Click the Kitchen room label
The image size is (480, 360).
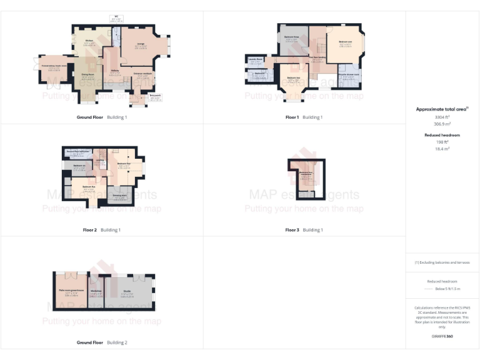(89, 41)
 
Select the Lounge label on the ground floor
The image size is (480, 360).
(141, 44)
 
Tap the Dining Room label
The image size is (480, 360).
(87, 74)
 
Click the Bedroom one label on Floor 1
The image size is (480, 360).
(345, 43)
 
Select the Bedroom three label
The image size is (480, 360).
(291, 37)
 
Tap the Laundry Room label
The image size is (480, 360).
(255, 59)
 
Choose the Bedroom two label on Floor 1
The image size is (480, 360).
(294, 78)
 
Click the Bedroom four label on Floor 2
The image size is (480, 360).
(124, 164)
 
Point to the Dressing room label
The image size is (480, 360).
(119, 196)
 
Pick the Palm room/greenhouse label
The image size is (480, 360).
(70, 291)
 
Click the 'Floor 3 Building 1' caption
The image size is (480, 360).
(304, 230)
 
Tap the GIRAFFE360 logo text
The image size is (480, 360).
(442, 336)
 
